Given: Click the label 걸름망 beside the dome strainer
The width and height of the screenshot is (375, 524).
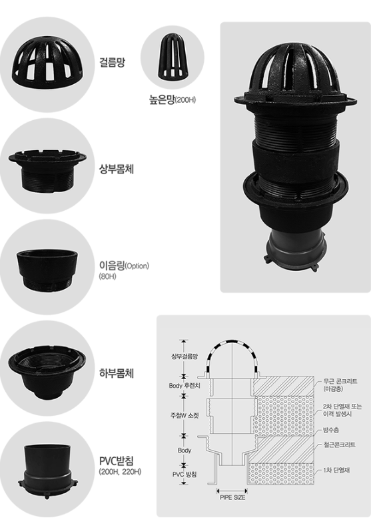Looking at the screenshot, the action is click(x=113, y=62).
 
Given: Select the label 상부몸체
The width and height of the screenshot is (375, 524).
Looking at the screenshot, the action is click(x=117, y=169).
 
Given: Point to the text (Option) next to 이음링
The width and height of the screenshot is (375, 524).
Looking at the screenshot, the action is click(x=137, y=266).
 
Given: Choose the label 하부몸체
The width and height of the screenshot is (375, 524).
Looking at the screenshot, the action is click(x=117, y=372).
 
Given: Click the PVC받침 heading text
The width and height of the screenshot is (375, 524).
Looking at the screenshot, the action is click(x=117, y=461).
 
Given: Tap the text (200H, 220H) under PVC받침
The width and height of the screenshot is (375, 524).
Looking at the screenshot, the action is click(x=120, y=472).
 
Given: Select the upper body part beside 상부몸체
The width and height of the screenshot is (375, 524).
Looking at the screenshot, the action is click(x=47, y=170).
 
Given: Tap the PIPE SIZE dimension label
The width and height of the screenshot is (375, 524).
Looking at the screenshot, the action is click(x=232, y=497).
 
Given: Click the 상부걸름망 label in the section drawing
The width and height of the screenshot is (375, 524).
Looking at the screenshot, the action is click(x=185, y=356).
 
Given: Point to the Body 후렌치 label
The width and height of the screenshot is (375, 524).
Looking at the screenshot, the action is click(x=185, y=386).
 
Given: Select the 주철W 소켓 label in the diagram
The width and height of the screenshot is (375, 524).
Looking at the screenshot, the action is click(x=185, y=415).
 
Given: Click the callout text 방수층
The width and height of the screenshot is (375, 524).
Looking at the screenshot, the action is click(x=330, y=430).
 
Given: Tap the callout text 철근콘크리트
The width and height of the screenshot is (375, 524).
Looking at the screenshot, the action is click(x=339, y=445).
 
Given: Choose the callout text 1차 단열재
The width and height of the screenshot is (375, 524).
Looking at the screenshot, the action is click(x=336, y=470).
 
